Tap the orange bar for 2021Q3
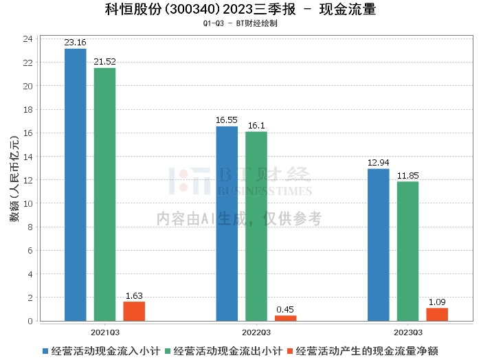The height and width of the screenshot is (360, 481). (x=134, y=311)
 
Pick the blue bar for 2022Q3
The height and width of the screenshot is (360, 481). (x=227, y=223)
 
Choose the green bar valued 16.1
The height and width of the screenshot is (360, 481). (x=256, y=226)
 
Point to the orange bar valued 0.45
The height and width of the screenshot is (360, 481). (x=285, y=318)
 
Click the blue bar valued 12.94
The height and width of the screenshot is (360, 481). (x=378, y=245)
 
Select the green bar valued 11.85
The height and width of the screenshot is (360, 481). (x=407, y=251)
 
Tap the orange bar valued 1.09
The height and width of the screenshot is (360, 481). (x=437, y=314)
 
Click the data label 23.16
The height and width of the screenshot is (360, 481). (x=76, y=43)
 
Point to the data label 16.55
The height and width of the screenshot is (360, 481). (x=227, y=120)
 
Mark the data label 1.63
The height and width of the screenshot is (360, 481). (x=134, y=296)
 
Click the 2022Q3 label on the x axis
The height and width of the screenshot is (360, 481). (x=256, y=332)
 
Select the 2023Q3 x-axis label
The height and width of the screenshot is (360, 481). (x=407, y=332)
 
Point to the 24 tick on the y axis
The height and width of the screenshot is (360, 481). (x=28, y=39)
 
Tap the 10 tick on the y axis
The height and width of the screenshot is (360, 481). (x=28, y=203)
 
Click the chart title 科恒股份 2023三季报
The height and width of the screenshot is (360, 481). (x=240, y=10)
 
